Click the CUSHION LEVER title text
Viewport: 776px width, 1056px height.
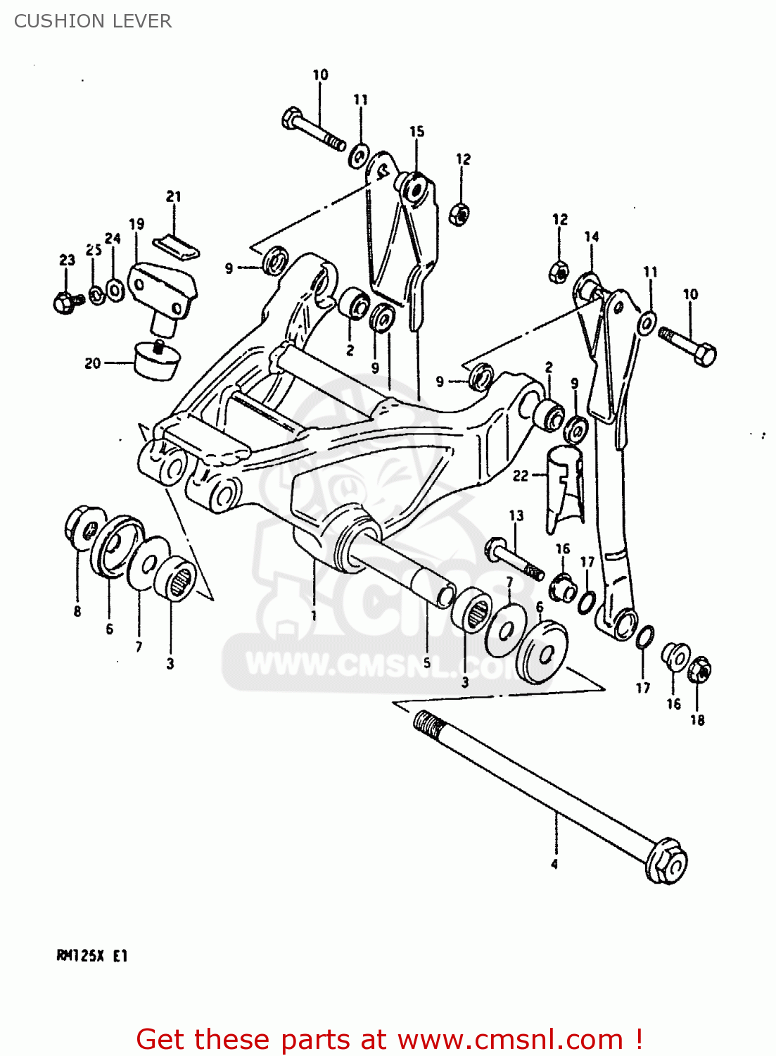click(x=93, y=21)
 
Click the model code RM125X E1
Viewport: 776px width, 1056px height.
click(x=91, y=956)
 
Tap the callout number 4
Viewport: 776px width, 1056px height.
click(x=554, y=864)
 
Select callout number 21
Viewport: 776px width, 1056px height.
click(x=174, y=197)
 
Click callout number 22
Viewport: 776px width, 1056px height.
click(x=521, y=476)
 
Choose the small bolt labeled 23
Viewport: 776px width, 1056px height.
click(x=65, y=302)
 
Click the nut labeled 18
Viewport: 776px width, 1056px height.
click(x=699, y=670)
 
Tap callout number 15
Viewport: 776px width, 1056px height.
click(x=417, y=132)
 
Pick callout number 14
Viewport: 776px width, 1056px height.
click(x=592, y=237)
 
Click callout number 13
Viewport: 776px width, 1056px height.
click(x=516, y=515)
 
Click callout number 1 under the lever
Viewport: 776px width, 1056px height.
click(x=314, y=615)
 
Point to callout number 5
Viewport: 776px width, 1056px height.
click(x=426, y=663)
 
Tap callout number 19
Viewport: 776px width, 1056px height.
click(x=136, y=224)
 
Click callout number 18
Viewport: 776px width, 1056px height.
click(x=697, y=719)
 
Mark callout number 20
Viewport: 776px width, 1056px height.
click(x=93, y=363)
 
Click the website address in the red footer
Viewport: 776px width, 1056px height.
click(x=510, y=1040)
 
